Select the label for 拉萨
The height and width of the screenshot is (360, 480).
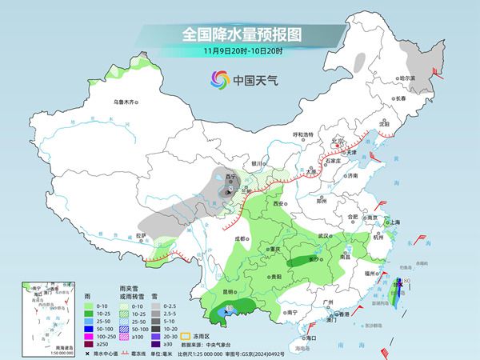(x=142, y=234)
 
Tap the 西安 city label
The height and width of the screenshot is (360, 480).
(x=279, y=205)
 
